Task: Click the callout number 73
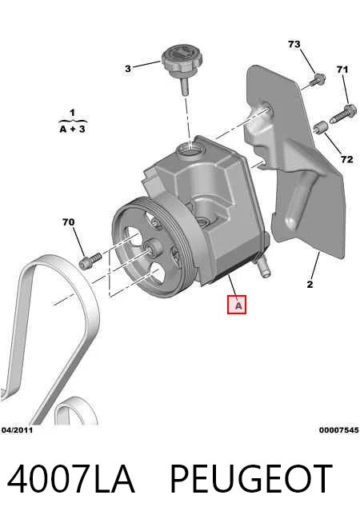click(x=294, y=44)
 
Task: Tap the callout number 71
click(x=342, y=70)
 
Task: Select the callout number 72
click(x=346, y=159)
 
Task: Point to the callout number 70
click(x=68, y=222)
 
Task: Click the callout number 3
click(x=128, y=69)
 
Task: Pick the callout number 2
click(x=310, y=285)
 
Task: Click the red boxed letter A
click(x=237, y=305)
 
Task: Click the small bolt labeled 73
click(x=318, y=79)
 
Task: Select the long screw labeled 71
click(x=343, y=114)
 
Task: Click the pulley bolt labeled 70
click(x=90, y=261)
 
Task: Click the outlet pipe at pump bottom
click(x=263, y=268)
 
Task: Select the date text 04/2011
click(x=18, y=430)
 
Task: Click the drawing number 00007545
click(x=338, y=430)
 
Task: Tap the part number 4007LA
click(x=70, y=479)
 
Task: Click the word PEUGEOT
click(x=251, y=479)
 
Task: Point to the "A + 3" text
click(x=73, y=129)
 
